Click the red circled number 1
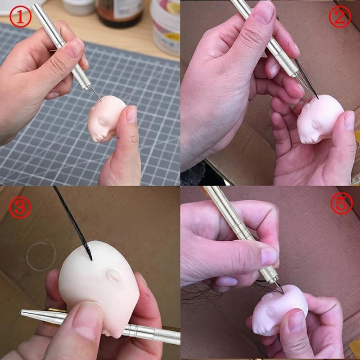tap(20, 17)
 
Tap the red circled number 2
tap(340, 17)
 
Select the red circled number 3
tap(20, 207)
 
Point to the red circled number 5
tap(342, 203)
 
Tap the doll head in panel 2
tap(319, 119)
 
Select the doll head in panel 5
tap(279, 310)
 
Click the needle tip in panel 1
tap(101, 101)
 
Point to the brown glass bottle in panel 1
tap(119, 12)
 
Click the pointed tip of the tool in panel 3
tap(21, 312)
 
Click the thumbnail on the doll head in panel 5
tap(296, 321)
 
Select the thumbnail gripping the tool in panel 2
tap(264, 12)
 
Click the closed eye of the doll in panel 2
tap(315, 125)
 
